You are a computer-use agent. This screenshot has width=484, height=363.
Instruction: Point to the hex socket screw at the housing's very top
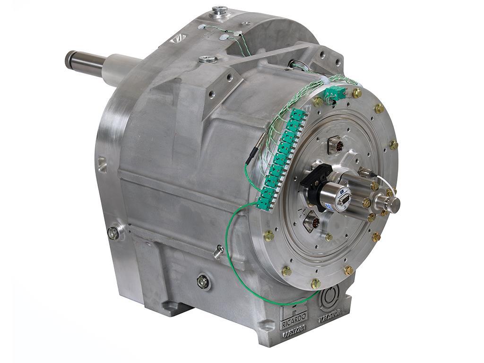[x=219, y=10]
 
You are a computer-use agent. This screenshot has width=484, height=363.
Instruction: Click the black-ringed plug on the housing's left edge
[x=113, y=233]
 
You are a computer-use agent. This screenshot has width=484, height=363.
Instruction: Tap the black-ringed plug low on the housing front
[x=203, y=282]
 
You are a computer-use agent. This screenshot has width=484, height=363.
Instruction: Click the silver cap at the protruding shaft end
[x=393, y=205]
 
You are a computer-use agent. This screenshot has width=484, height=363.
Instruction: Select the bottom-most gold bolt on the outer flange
[x=315, y=284]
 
